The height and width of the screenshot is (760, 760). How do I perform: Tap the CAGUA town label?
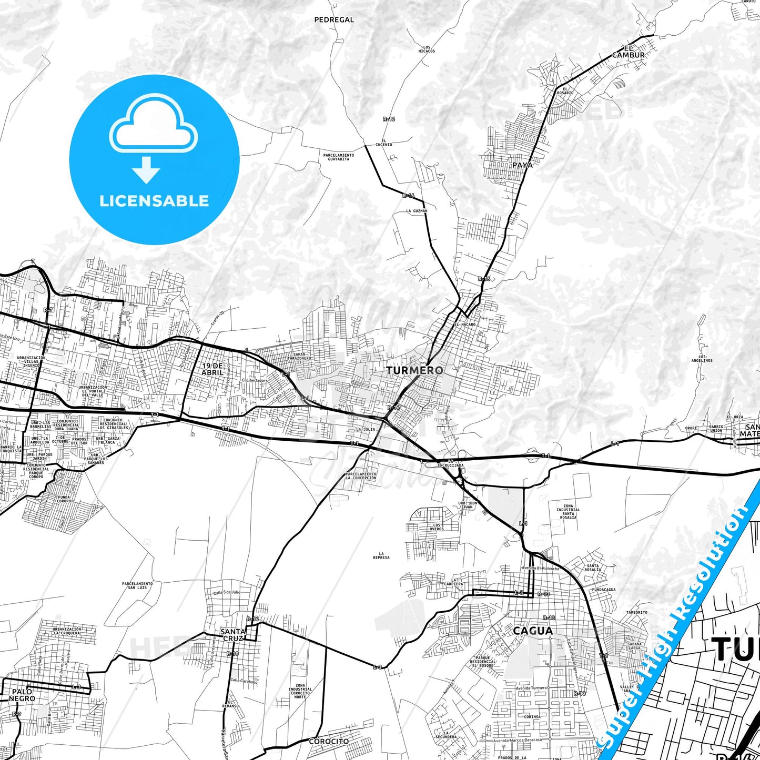coord(533,631)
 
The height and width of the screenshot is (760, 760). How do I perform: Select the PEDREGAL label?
coord(334,20)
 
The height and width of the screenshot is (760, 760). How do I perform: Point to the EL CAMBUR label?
coord(629,51)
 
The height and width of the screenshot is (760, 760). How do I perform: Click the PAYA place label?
coord(522,165)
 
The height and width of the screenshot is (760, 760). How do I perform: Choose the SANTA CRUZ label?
coord(232,634)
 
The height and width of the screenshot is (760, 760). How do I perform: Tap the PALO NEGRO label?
coord(22,695)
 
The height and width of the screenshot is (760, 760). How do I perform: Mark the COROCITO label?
coord(329,741)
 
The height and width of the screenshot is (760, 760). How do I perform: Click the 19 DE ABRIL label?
coord(212,369)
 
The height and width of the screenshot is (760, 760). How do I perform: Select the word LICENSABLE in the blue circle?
coord(154,200)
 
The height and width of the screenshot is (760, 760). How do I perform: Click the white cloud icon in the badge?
coord(153,125)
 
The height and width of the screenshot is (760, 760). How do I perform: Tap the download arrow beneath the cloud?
coord(146,170)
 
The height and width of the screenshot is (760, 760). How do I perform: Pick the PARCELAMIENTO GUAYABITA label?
coord(339,157)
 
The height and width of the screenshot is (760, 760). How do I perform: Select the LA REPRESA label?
coord(381,555)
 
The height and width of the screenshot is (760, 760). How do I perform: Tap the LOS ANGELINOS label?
coord(702,359)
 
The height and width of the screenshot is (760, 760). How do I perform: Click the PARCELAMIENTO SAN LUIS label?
coord(137,585)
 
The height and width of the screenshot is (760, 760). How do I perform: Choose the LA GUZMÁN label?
coord(417,210)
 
